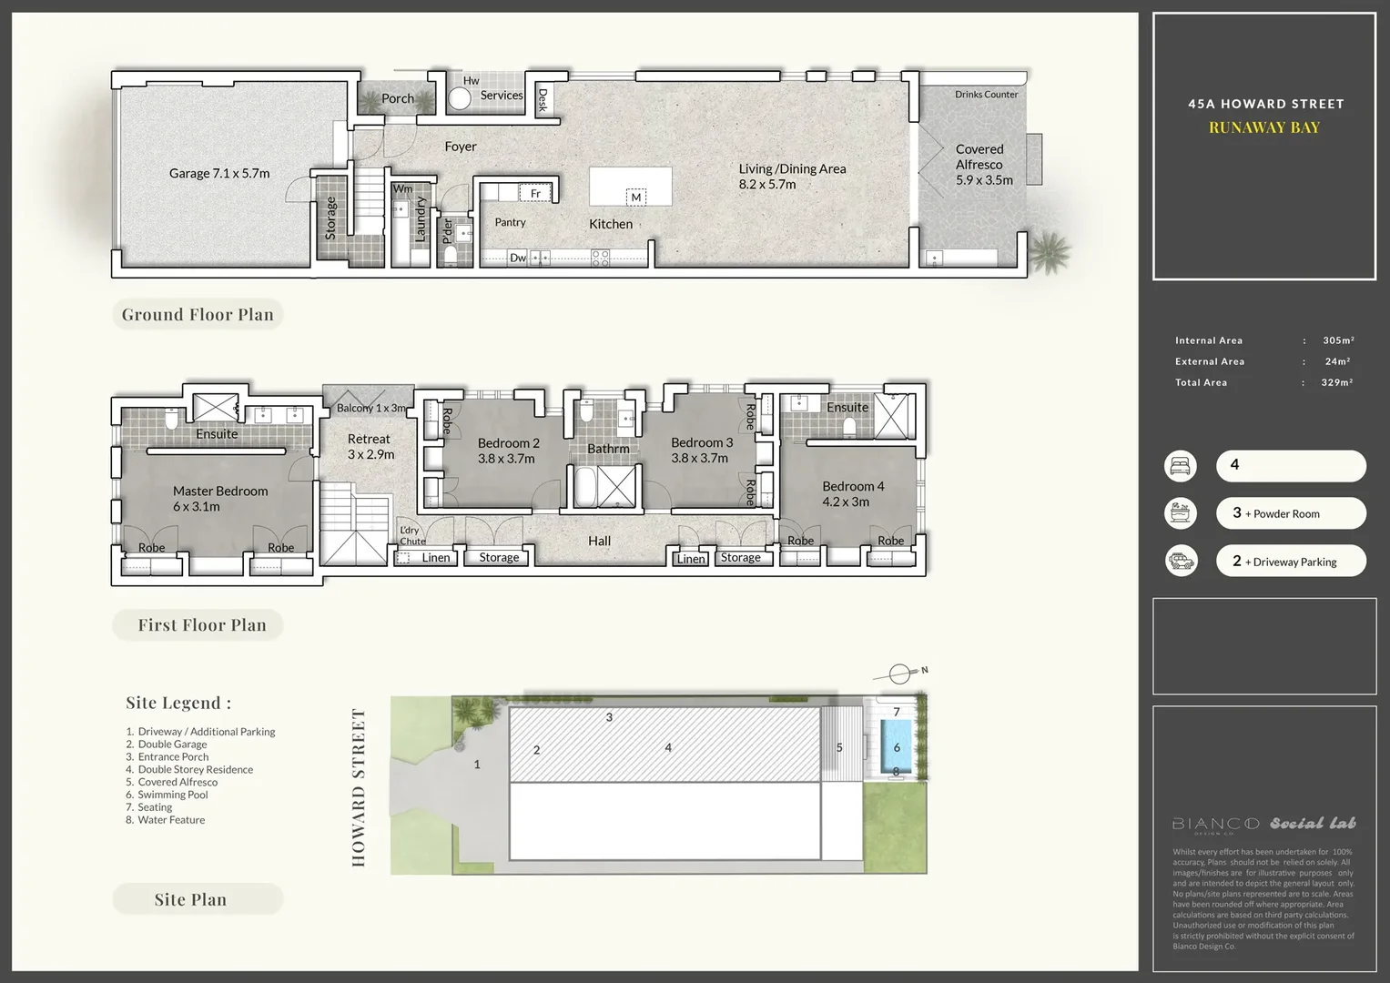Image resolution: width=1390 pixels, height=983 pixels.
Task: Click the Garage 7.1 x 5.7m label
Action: click(x=219, y=174)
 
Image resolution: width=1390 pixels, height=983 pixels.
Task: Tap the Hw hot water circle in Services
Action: click(x=460, y=99)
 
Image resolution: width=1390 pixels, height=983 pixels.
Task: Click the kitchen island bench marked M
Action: click(x=631, y=187)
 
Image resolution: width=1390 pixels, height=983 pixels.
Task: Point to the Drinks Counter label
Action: click(x=986, y=95)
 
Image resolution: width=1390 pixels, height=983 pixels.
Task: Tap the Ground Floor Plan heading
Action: click(x=198, y=315)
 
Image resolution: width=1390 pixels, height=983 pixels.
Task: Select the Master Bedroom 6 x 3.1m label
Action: click(x=220, y=499)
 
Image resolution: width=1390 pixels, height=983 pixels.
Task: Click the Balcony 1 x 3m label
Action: click(x=370, y=409)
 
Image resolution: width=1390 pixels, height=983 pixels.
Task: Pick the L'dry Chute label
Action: click(x=411, y=536)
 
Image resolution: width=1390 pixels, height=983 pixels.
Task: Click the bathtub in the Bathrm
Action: click(x=583, y=487)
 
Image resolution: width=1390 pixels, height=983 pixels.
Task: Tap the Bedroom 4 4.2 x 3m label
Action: click(x=852, y=494)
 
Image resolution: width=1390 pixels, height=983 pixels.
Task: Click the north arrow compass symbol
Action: click(x=899, y=674)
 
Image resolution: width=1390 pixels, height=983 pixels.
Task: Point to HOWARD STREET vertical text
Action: click(x=359, y=787)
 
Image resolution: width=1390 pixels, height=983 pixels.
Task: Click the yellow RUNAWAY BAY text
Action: click(x=1264, y=127)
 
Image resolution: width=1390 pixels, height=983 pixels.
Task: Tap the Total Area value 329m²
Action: click(x=1336, y=383)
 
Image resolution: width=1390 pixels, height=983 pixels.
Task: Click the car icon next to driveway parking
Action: click(x=1182, y=561)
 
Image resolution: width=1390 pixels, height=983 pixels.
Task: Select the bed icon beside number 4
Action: click(x=1182, y=466)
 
